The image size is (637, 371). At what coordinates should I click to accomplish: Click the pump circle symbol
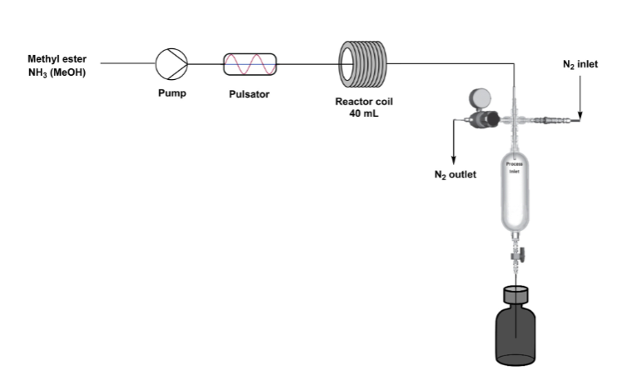point(172,62)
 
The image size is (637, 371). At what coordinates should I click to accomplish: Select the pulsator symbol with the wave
point(249,63)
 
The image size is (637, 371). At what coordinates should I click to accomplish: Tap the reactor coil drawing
point(364,63)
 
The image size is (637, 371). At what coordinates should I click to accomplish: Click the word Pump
point(172,93)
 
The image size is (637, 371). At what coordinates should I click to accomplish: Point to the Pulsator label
point(249,94)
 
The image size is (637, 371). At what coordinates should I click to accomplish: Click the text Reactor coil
point(364,101)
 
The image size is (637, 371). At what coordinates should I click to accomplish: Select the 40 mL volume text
point(364,113)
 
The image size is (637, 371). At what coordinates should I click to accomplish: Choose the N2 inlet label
point(580,64)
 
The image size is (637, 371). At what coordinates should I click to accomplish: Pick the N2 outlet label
point(455,175)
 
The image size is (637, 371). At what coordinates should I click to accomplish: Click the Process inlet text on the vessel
point(515,167)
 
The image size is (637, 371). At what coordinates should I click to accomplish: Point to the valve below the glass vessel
point(516,250)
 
